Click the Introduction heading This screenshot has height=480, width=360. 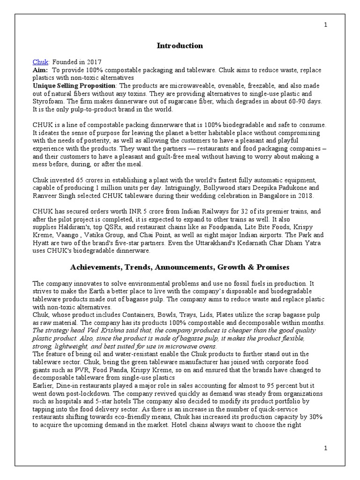coord(180,45)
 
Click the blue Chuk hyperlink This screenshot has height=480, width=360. coord(39,62)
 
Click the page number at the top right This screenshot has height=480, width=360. coord(325,25)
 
